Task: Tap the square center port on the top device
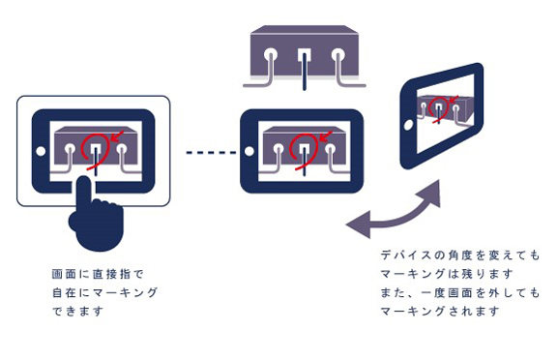[302, 54]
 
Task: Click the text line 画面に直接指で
[97, 274]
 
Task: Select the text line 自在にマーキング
[103, 292]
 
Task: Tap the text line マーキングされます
[433, 312]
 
